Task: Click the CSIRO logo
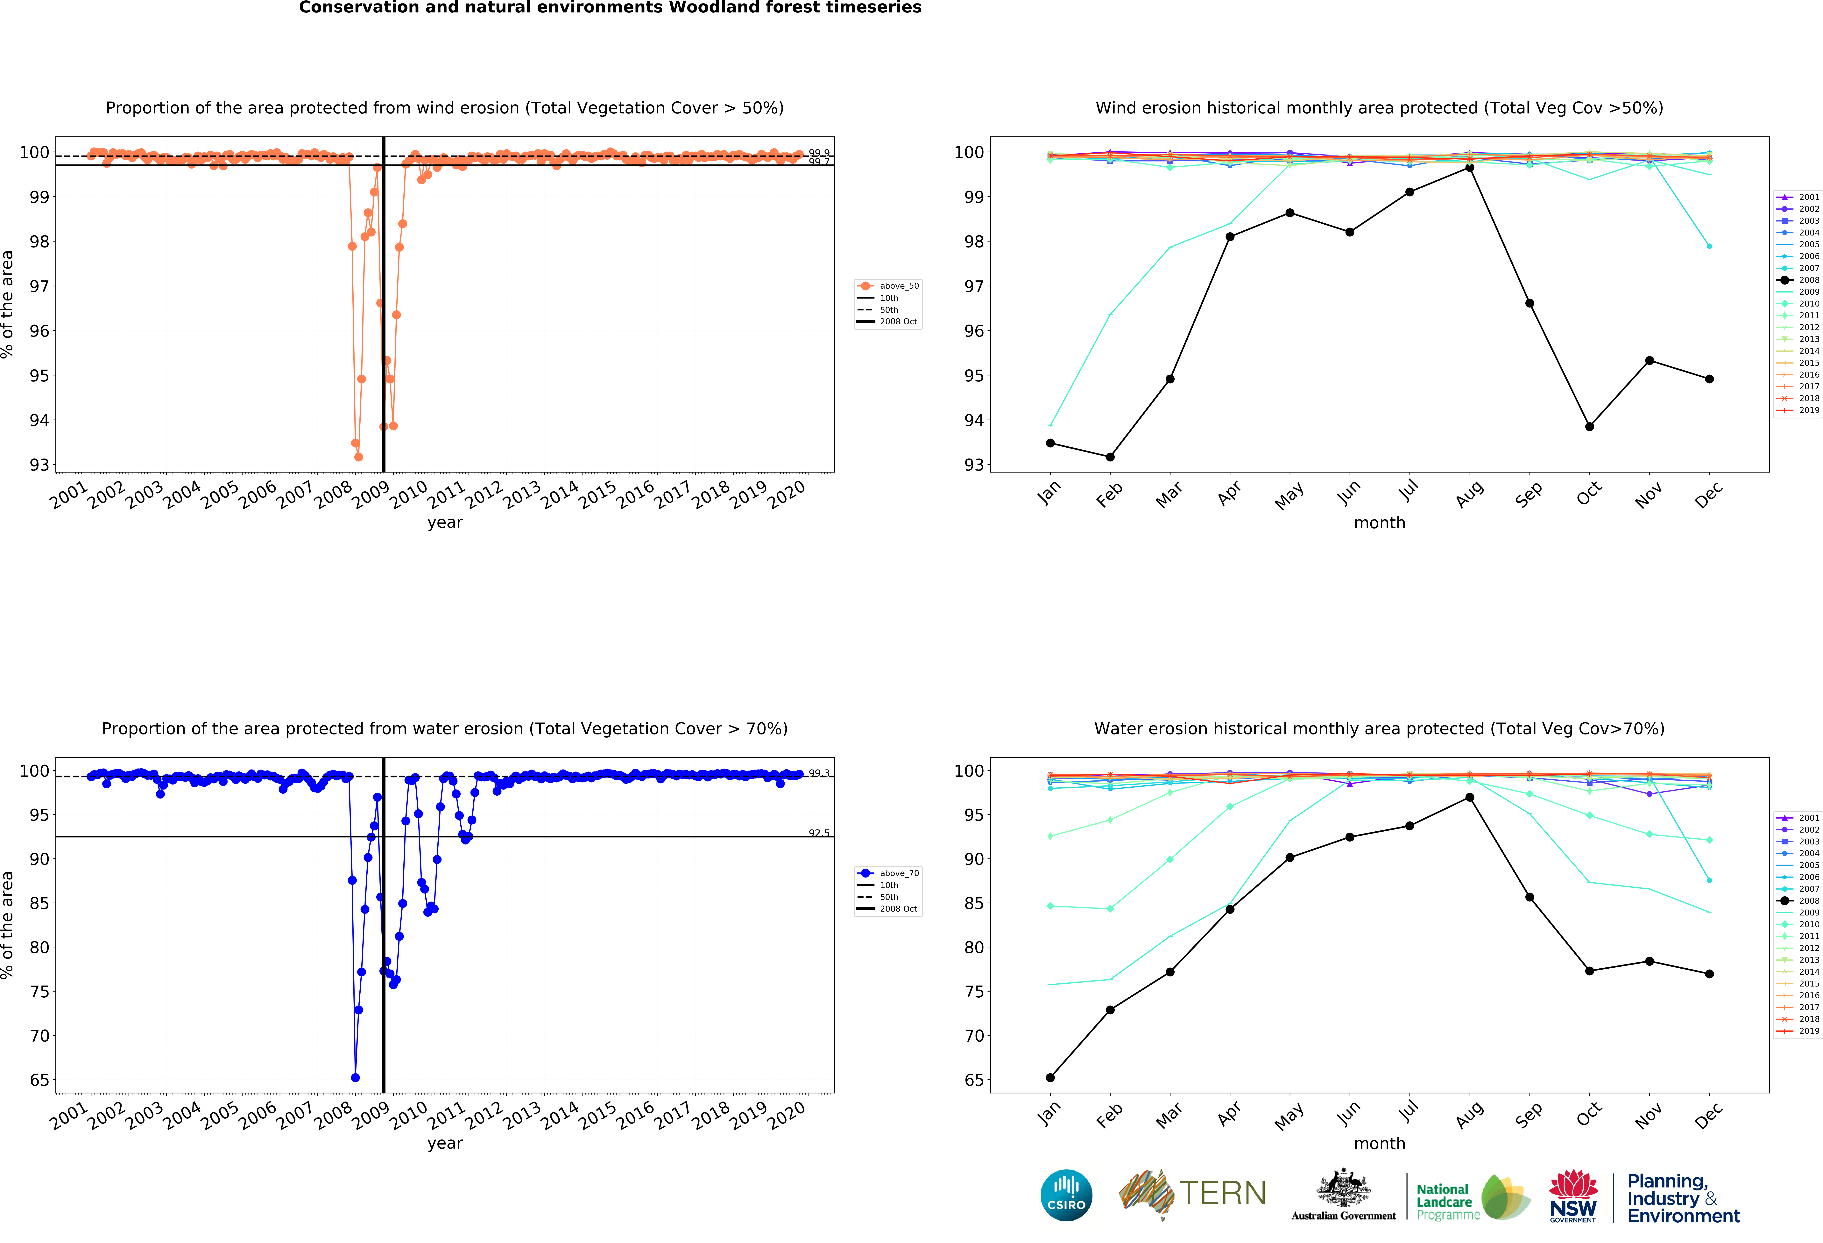click(1066, 1195)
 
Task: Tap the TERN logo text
click(1222, 1194)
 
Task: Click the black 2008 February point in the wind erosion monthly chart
click(1110, 457)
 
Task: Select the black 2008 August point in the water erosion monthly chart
click(1469, 797)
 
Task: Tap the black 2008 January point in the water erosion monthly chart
click(1050, 1077)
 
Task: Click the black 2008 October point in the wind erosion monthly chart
click(1589, 427)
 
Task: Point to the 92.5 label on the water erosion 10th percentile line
click(819, 833)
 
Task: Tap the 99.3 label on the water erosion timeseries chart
click(819, 773)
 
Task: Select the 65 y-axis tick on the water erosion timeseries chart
click(39, 1080)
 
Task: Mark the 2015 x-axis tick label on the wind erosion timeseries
click(597, 495)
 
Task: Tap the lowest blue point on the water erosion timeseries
click(355, 1077)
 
